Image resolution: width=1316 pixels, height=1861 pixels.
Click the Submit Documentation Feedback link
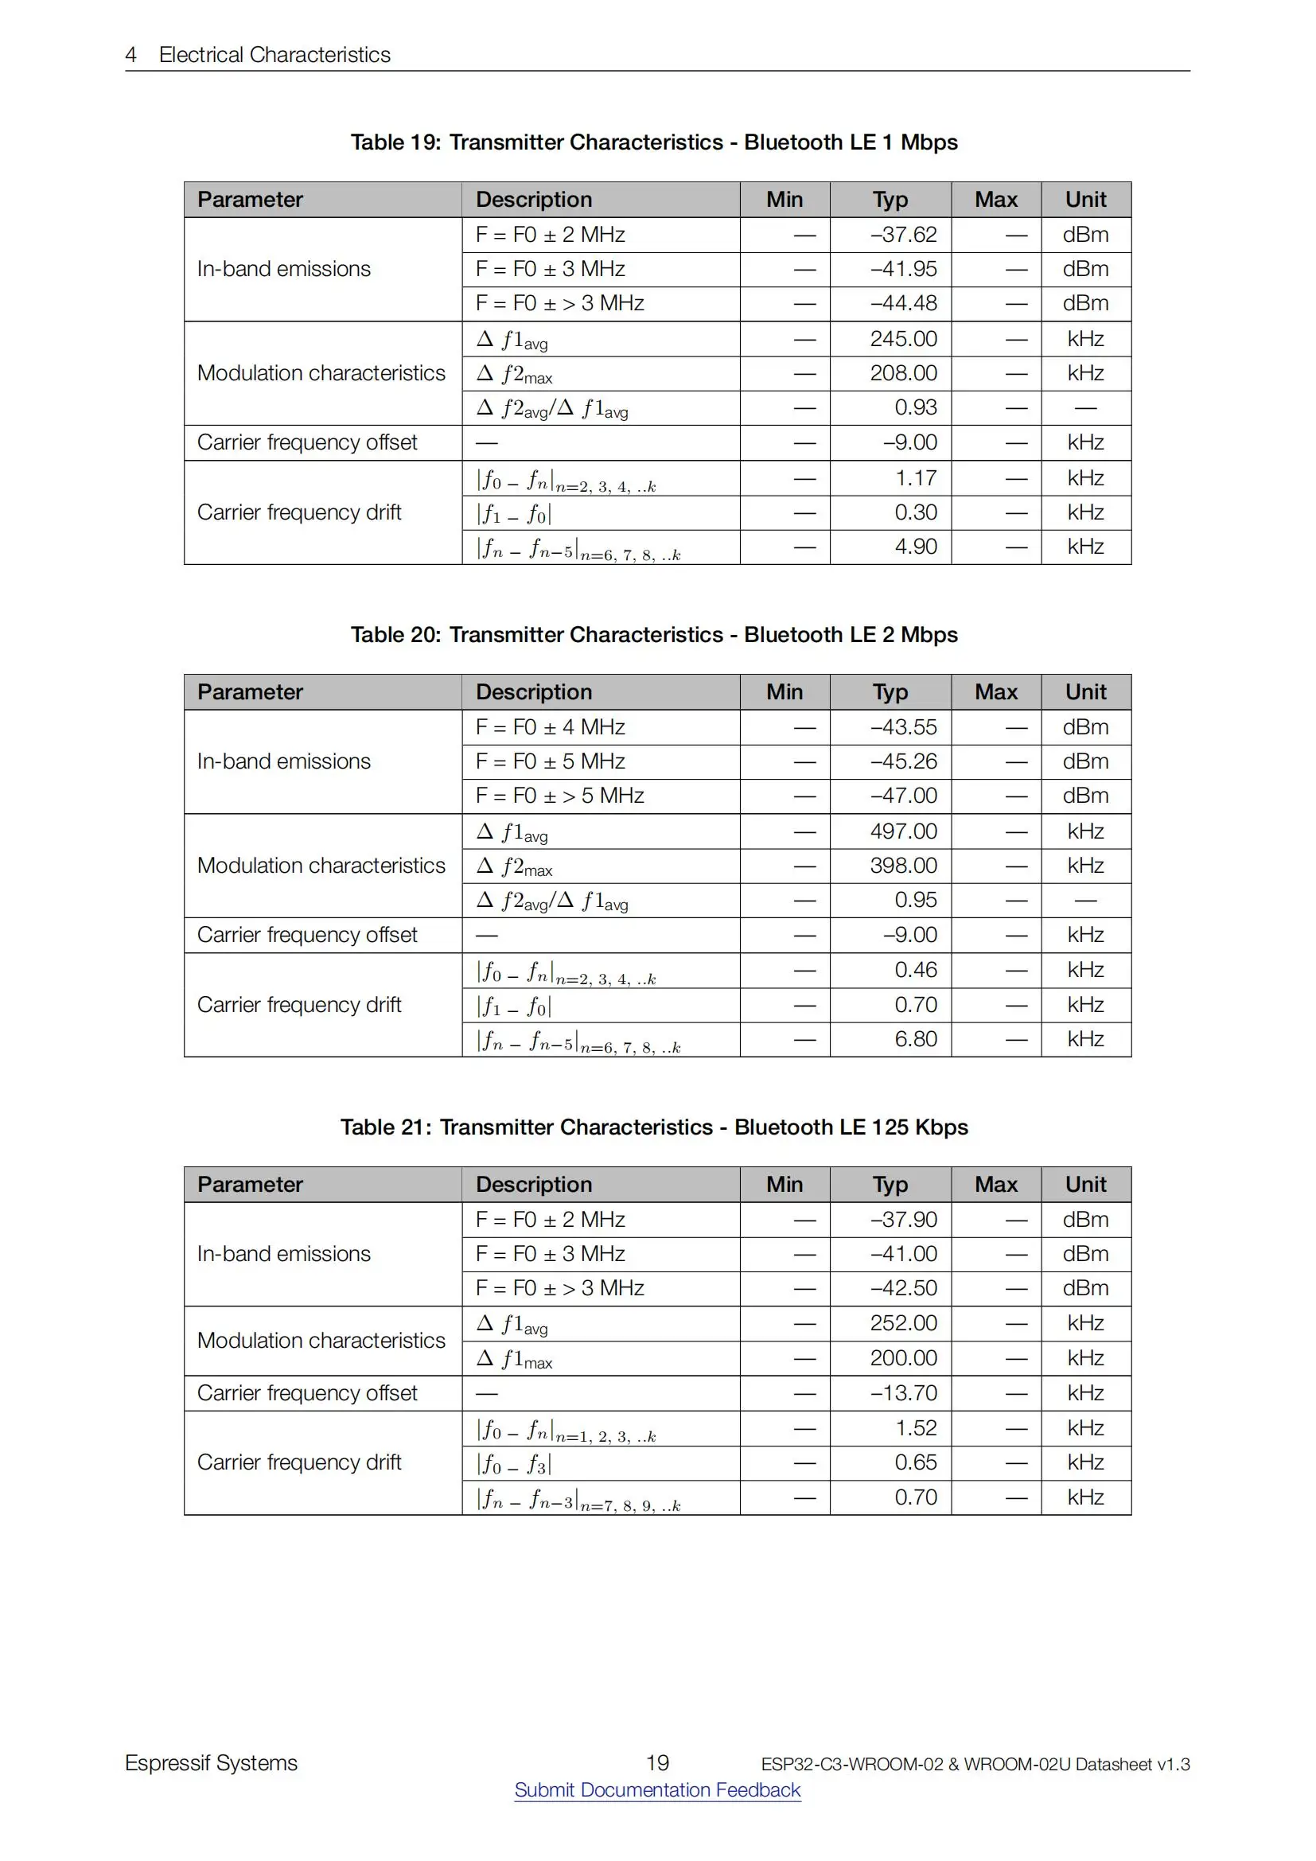point(657,1789)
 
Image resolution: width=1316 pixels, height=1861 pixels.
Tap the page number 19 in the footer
point(657,1763)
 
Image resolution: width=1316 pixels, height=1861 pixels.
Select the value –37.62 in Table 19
point(903,235)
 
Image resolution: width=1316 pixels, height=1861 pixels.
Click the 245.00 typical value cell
point(903,339)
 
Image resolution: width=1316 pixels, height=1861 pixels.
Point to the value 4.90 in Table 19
point(915,547)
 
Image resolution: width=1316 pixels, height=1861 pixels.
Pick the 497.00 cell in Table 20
point(903,831)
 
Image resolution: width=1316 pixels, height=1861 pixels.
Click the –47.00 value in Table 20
point(903,796)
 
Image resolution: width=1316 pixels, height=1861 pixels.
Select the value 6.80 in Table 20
point(915,1039)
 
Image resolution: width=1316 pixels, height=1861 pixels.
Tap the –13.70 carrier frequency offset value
point(903,1393)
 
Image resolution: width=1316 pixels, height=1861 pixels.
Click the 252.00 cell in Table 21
point(903,1324)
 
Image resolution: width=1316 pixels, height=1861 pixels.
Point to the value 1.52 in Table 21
point(915,1428)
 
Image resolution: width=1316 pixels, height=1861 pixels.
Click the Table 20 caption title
point(654,635)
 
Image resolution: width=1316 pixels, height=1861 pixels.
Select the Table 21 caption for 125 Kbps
point(654,1127)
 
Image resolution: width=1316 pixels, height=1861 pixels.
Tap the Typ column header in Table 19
point(890,201)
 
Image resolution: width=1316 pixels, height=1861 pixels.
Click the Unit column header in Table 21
point(1085,1185)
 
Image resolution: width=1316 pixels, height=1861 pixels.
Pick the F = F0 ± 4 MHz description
point(551,728)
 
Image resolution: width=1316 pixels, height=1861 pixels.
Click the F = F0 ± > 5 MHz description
point(559,796)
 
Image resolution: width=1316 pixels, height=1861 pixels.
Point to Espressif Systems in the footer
point(212,1764)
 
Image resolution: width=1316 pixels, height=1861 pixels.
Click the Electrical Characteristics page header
point(274,55)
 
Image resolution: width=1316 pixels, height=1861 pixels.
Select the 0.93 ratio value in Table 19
point(915,407)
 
